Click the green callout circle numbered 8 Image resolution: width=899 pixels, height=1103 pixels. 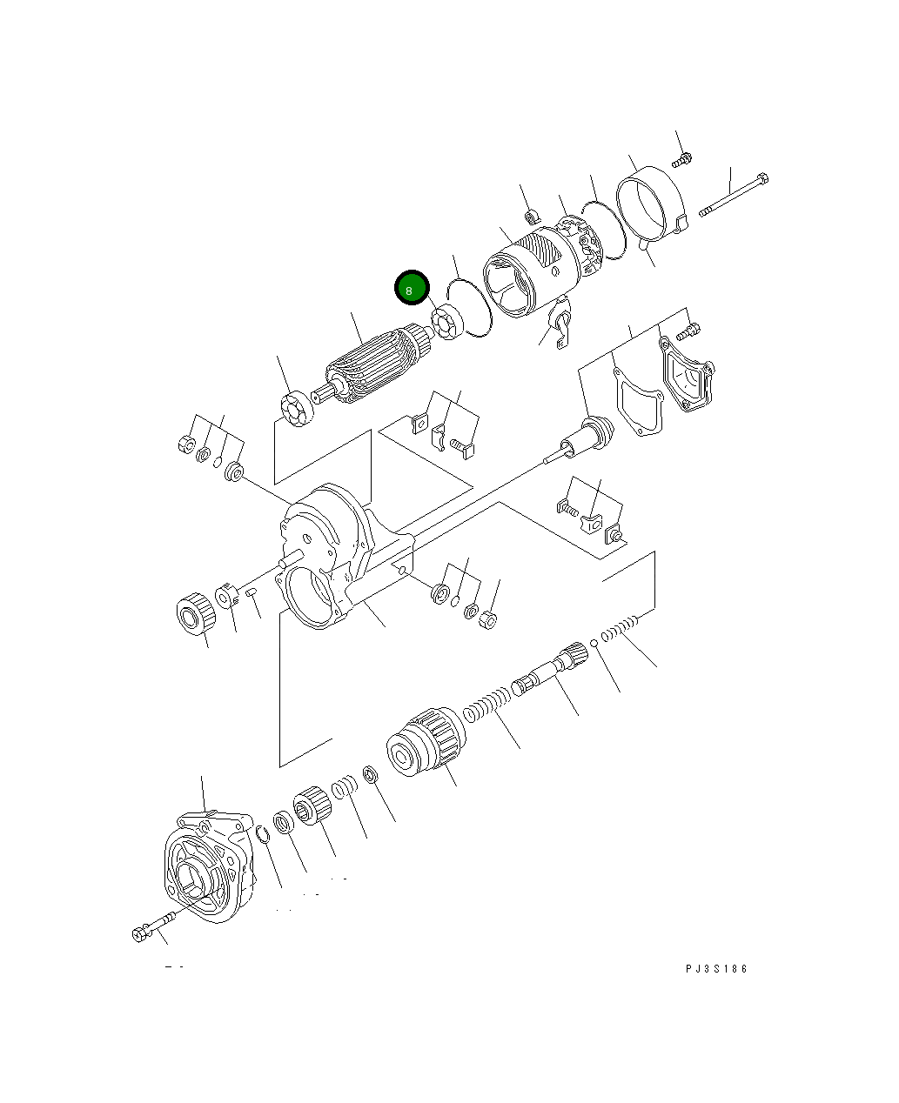click(411, 289)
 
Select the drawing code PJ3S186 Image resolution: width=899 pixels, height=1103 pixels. click(715, 969)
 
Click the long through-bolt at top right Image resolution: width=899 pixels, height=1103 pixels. click(733, 195)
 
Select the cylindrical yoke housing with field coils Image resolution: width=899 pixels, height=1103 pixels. click(530, 274)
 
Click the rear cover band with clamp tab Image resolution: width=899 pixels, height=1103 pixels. click(652, 211)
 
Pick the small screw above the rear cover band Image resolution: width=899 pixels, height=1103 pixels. click(682, 159)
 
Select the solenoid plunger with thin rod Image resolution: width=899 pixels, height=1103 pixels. click(583, 438)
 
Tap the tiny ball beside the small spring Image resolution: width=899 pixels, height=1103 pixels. click(594, 644)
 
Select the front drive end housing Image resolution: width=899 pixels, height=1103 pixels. click(208, 866)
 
